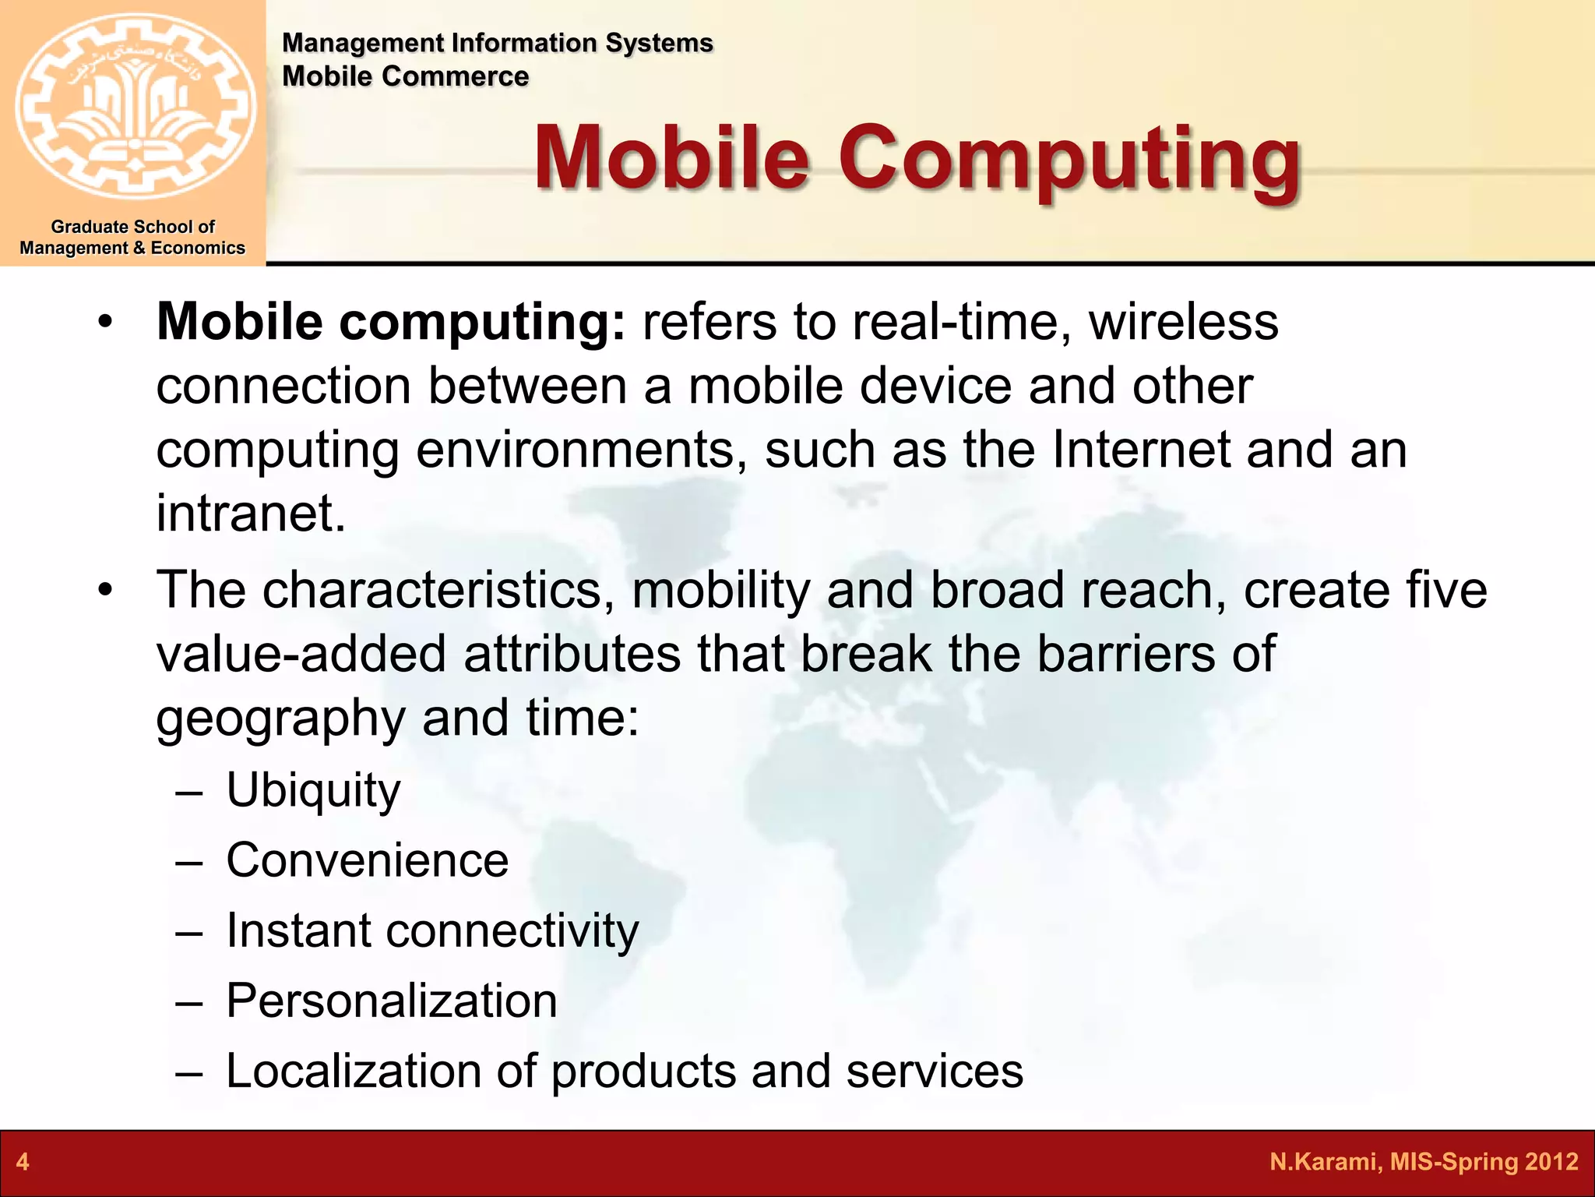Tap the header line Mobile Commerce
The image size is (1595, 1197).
click(405, 76)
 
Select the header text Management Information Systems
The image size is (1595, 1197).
click(497, 43)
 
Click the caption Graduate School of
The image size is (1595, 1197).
click(132, 227)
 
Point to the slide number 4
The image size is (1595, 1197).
click(23, 1162)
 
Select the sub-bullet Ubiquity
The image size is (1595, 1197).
click(313, 790)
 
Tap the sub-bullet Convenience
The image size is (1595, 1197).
click(367, 860)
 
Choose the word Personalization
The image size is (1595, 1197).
click(391, 1001)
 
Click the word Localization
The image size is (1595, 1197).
click(353, 1071)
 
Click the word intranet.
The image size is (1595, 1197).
click(250, 514)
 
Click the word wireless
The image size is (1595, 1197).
click(1183, 322)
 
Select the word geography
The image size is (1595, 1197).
click(280, 718)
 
